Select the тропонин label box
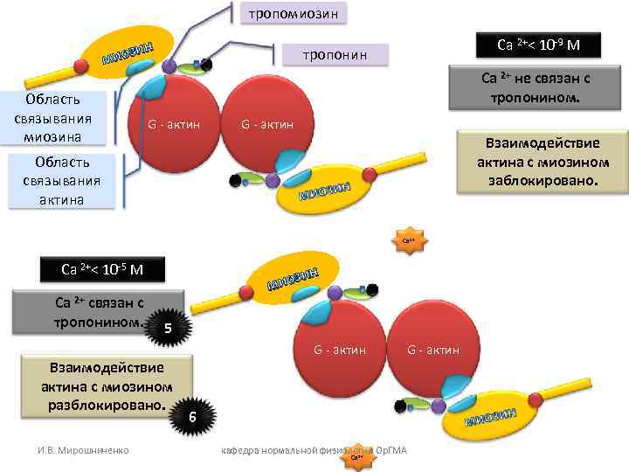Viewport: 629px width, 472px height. (335, 56)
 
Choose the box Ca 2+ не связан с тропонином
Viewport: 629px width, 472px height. (536, 88)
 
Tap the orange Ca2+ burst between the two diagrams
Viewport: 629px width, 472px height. (410, 241)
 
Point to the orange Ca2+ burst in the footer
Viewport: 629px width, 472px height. (356, 456)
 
